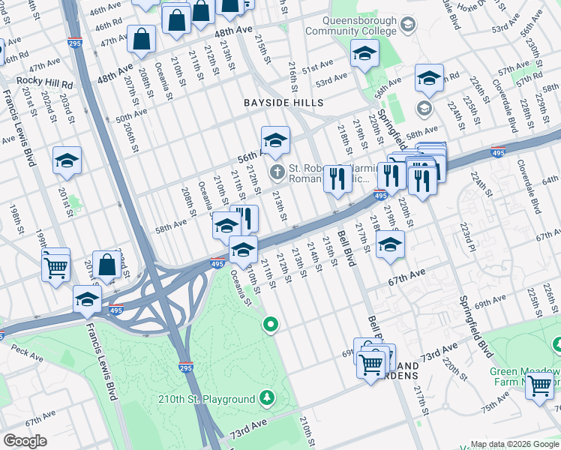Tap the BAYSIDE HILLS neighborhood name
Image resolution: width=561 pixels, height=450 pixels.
click(283, 103)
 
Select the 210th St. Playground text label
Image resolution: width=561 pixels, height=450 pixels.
click(206, 399)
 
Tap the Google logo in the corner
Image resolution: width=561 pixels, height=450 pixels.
click(25, 440)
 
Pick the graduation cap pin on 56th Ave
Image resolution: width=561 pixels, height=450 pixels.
click(275, 140)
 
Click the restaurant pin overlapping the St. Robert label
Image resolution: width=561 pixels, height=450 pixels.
click(337, 178)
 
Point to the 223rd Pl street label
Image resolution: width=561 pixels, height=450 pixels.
click(467, 234)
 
